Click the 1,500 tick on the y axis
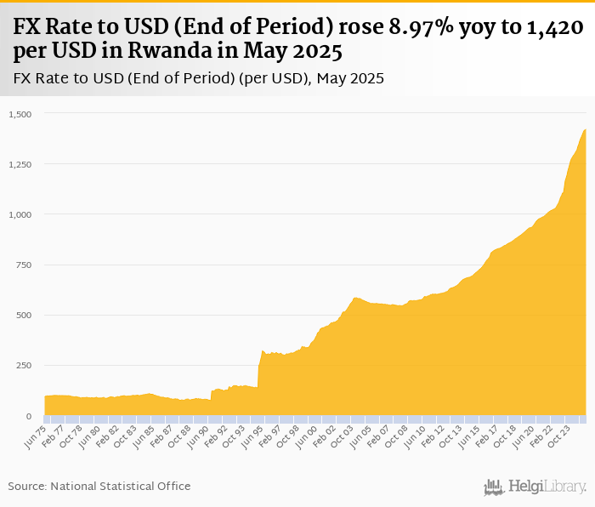(x=19, y=114)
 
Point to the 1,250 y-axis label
(x=19, y=164)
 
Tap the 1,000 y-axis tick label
(x=19, y=214)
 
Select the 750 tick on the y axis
(x=23, y=265)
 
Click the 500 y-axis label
(x=23, y=315)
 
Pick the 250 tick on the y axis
(x=23, y=366)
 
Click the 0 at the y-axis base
(x=28, y=416)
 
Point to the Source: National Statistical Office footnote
(x=99, y=486)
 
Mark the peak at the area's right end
(x=585, y=130)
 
